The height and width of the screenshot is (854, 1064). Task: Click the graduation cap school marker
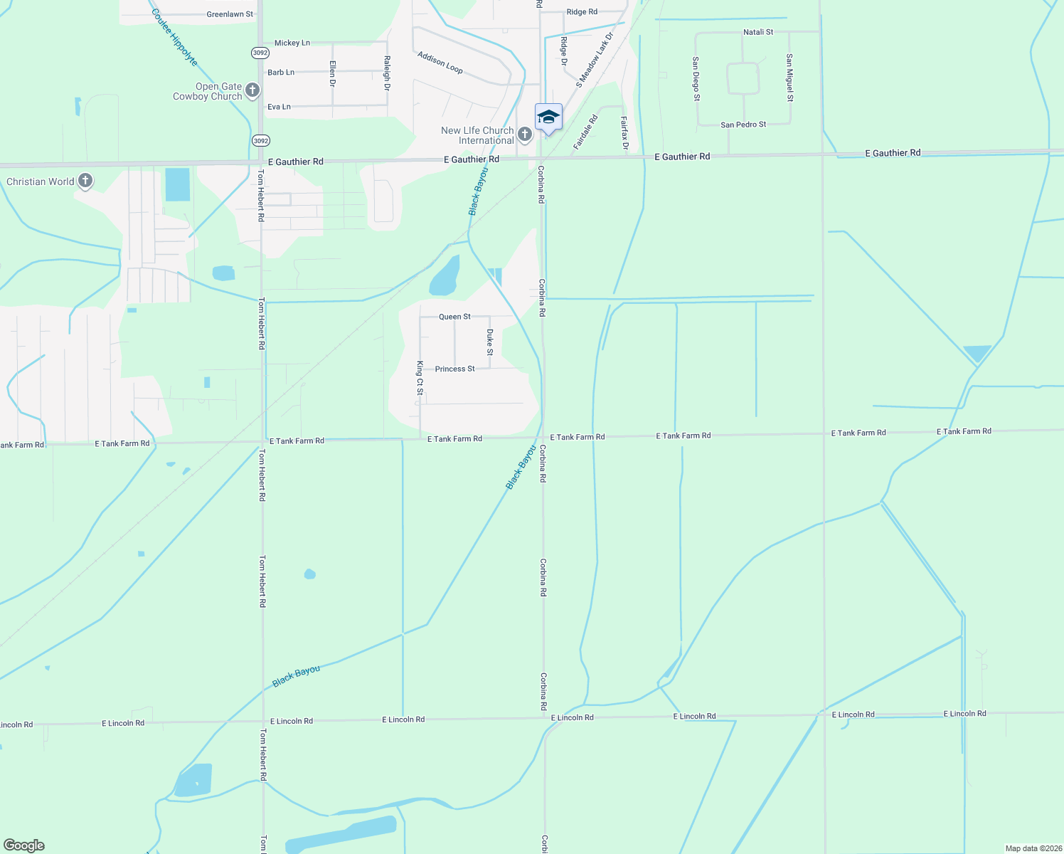[x=548, y=117]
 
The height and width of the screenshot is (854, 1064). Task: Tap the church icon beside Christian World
[x=85, y=181]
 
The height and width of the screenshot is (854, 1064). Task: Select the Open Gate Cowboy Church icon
[x=252, y=90]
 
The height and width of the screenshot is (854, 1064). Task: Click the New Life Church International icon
[x=525, y=135]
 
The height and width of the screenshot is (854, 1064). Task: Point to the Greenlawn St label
[x=230, y=14]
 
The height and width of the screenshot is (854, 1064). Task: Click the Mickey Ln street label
[x=292, y=43]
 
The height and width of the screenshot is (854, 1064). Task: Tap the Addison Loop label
[x=440, y=63]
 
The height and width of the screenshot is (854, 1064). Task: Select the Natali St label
[x=758, y=32]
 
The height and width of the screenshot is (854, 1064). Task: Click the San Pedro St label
[x=743, y=125]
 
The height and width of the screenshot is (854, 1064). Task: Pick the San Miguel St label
[x=789, y=78]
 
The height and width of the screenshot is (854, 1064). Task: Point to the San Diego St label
[x=696, y=79]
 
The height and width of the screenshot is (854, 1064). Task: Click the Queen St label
[x=454, y=317]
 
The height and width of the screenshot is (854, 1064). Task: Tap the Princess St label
[x=455, y=369]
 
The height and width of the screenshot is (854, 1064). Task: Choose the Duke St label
[x=490, y=342]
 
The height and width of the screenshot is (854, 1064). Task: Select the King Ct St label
[x=420, y=378]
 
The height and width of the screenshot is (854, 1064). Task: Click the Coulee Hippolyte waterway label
[x=175, y=38]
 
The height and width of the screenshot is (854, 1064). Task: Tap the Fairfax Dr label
[x=624, y=133]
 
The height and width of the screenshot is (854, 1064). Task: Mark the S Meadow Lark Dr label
[x=595, y=60]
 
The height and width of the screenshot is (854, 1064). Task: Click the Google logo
[x=24, y=845]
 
